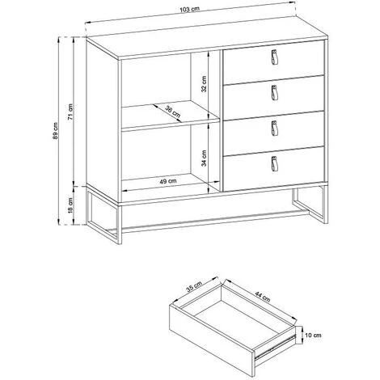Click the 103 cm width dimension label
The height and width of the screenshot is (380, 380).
pyautogui.click(x=189, y=9)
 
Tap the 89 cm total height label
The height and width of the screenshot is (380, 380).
pyautogui.click(x=55, y=131)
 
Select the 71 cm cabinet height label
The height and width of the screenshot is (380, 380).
pyautogui.click(x=70, y=112)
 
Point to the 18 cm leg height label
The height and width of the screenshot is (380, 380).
pyautogui.click(x=70, y=205)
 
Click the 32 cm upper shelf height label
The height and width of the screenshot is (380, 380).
pyautogui.click(x=204, y=84)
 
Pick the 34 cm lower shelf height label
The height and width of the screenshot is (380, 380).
pyautogui.click(x=204, y=158)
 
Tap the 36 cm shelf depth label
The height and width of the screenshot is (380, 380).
pyautogui.click(x=172, y=112)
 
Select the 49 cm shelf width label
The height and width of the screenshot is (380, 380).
pyautogui.click(x=168, y=181)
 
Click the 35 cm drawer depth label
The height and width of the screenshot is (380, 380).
pyautogui.click(x=194, y=286)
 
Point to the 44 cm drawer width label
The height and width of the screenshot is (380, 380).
pyautogui.click(x=262, y=297)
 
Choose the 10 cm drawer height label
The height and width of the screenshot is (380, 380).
pyautogui.click(x=313, y=336)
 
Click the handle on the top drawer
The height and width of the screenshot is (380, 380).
pyautogui.click(x=274, y=57)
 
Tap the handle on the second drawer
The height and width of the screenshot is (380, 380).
pyautogui.click(x=274, y=93)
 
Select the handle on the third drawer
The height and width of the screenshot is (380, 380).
pyautogui.click(x=274, y=129)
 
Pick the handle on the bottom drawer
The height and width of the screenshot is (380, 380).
pyautogui.click(x=274, y=163)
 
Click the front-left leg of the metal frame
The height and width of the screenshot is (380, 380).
pyautogui.click(x=119, y=224)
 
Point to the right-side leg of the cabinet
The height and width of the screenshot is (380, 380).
pyautogui.click(x=326, y=205)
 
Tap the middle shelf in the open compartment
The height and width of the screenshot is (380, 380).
pyautogui.click(x=170, y=116)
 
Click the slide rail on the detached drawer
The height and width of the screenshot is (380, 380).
pyautogui.click(x=275, y=347)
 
